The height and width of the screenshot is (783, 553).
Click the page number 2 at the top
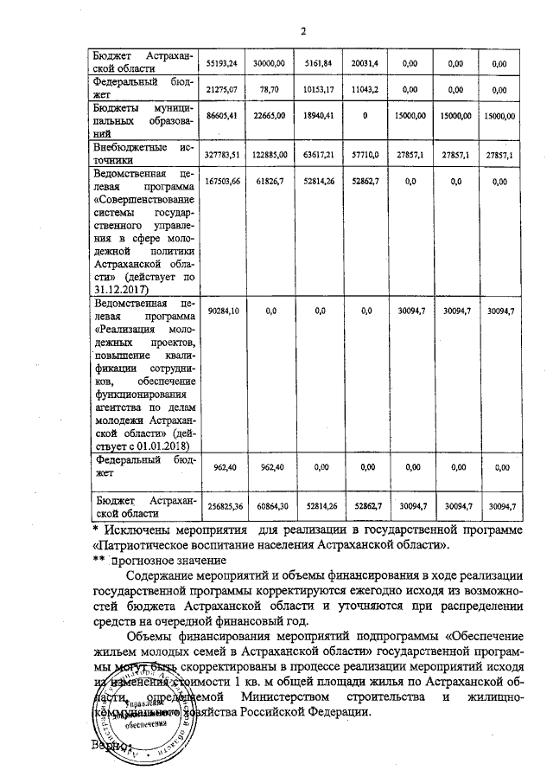tap(304, 32)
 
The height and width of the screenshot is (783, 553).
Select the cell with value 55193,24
tap(224, 64)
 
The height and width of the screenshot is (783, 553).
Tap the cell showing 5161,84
tap(319, 64)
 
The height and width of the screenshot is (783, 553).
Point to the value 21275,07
tap(224, 89)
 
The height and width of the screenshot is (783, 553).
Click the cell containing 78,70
tap(272, 89)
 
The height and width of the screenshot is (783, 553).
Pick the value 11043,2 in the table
tap(365, 89)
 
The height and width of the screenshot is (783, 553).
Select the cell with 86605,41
tap(224, 115)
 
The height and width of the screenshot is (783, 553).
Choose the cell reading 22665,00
tap(272, 115)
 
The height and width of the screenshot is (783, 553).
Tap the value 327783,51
tap(224, 154)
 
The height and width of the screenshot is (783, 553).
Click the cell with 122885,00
tap(272, 154)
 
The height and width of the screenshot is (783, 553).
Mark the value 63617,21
tap(319, 154)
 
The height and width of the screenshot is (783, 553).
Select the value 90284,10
tap(224, 310)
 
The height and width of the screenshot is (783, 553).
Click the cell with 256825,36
tap(224, 505)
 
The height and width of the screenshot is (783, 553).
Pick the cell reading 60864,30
tap(272, 505)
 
